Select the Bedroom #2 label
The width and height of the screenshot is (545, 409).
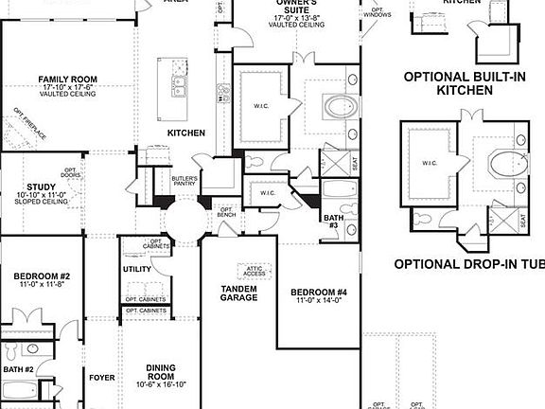(36, 277)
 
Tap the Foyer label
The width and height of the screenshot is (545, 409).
(102, 378)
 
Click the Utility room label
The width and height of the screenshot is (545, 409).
(137, 270)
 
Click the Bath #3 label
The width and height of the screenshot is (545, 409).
(333, 222)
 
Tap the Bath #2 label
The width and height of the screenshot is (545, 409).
(18, 369)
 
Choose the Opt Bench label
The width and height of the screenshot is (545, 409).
(227, 212)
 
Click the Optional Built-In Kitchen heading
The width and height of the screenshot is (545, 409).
(465, 84)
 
